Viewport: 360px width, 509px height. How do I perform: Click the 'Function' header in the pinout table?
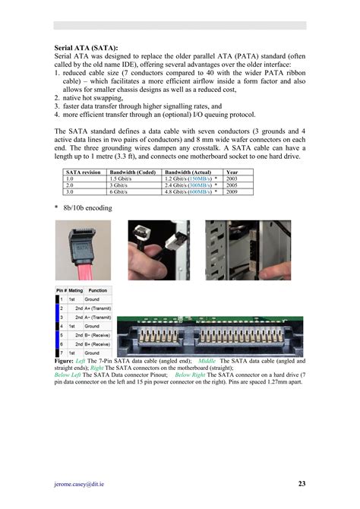[x=98, y=291]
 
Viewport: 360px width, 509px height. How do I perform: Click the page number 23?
[x=302, y=483]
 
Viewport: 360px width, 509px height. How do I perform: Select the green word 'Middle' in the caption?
[x=206, y=360]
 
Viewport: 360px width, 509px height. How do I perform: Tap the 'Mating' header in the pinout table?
[x=76, y=291]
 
